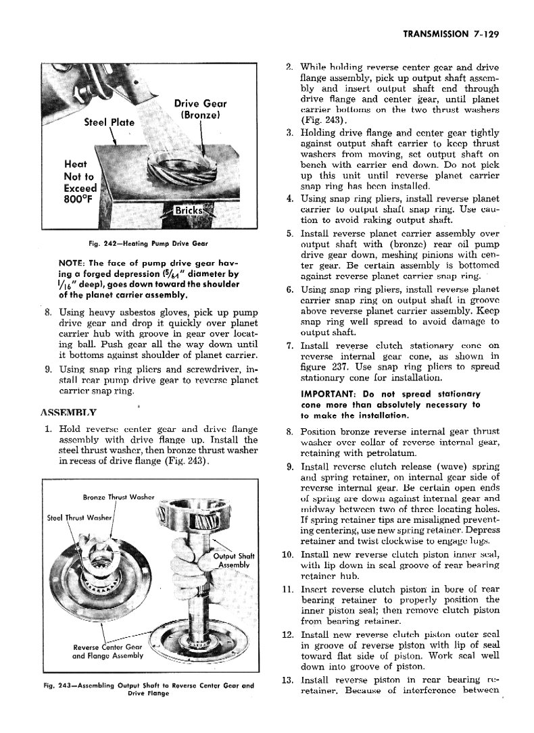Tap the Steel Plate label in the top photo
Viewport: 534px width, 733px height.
(x=109, y=122)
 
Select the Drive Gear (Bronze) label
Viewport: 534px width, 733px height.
(x=200, y=109)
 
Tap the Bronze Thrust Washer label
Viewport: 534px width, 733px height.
(x=120, y=497)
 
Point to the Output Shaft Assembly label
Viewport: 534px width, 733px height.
(x=232, y=561)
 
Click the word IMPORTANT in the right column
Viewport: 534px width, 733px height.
(x=329, y=394)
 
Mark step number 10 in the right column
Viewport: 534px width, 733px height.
(x=287, y=555)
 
